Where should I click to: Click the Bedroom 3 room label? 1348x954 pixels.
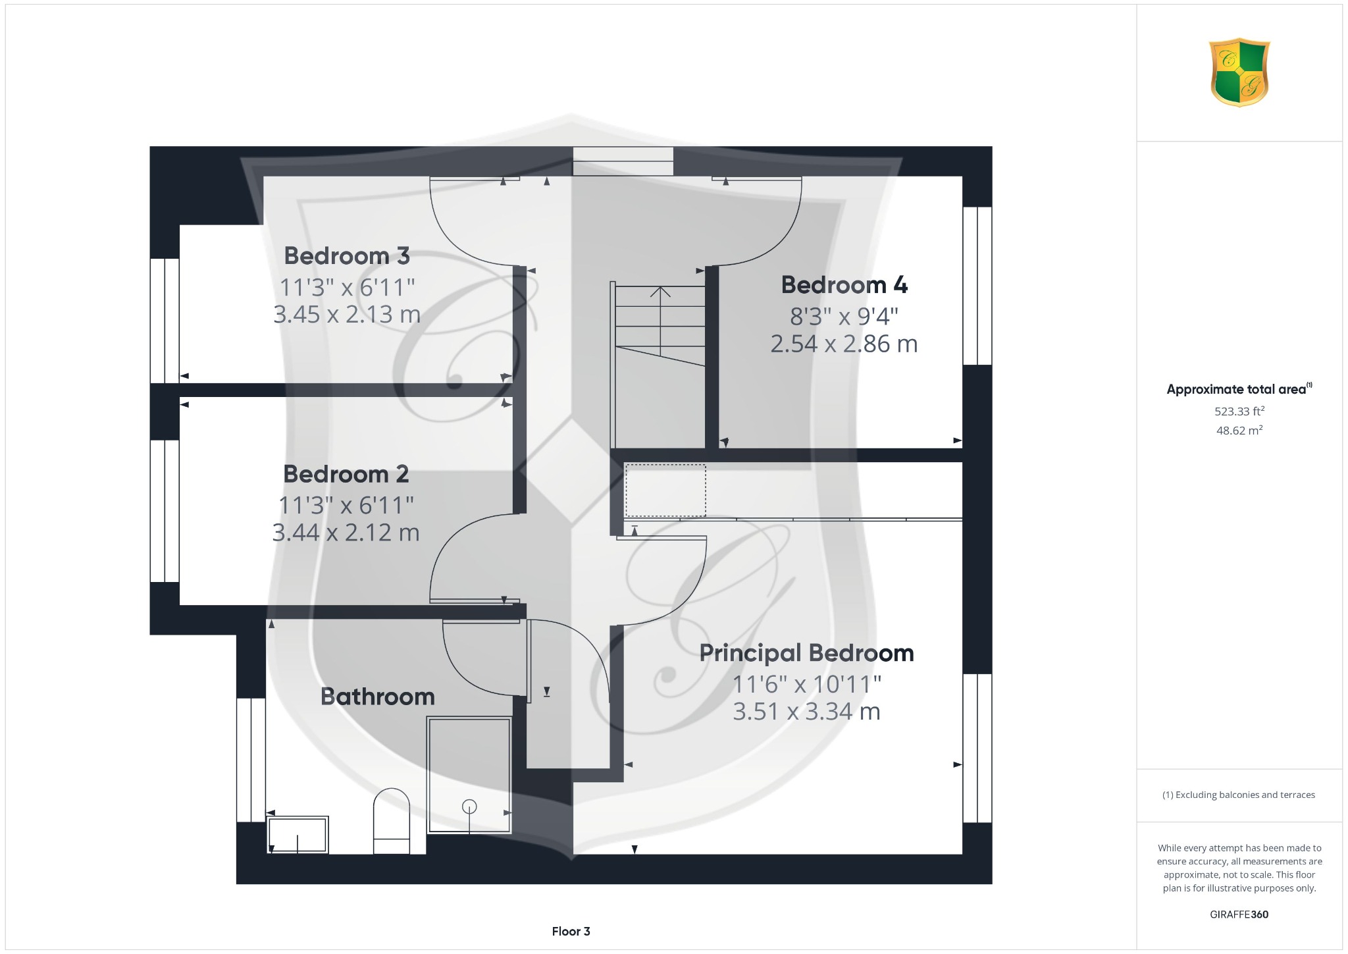[x=347, y=255]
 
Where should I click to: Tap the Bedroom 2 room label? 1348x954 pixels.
[x=346, y=474]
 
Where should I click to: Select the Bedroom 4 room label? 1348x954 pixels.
[x=844, y=285]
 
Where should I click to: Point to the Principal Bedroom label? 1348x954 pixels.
[x=806, y=653]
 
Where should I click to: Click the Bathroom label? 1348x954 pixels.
[x=378, y=697]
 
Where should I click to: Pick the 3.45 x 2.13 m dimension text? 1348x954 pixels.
[x=347, y=315]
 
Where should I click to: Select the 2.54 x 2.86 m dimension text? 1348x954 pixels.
[x=844, y=344]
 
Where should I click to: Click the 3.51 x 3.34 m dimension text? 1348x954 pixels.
[x=806, y=712]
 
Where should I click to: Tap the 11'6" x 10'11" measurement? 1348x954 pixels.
[x=806, y=685]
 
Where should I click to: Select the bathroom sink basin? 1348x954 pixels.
[x=298, y=835]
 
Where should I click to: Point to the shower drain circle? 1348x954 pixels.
[x=469, y=806]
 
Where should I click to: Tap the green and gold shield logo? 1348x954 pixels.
[x=1239, y=72]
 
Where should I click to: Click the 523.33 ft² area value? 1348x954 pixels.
[x=1239, y=411]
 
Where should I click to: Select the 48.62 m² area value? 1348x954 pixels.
[x=1239, y=431]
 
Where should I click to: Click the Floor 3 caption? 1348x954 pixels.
[x=571, y=932]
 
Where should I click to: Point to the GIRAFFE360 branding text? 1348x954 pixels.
[x=1239, y=914]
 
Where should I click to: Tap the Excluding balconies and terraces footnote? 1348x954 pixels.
[x=1239, y=795]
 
